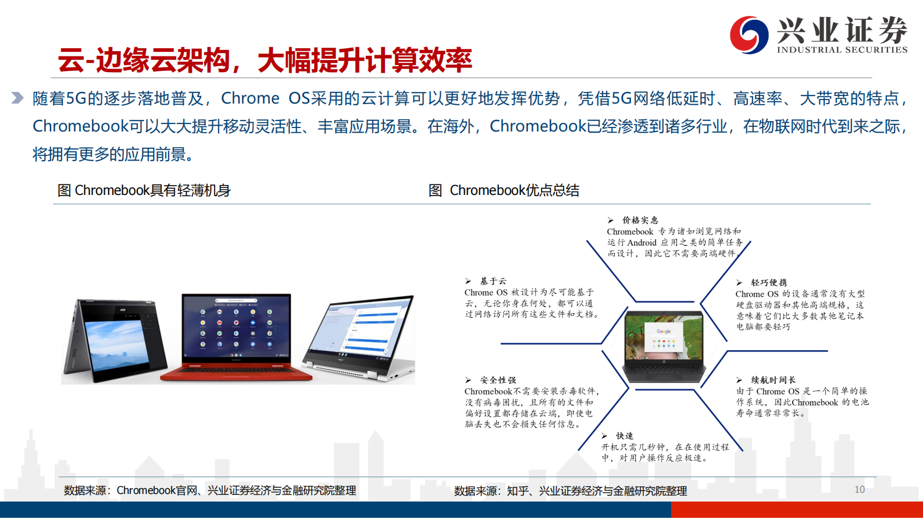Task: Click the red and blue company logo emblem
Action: coord(749,35)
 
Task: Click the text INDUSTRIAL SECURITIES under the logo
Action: coord(842,50)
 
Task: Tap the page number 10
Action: coord(859,489)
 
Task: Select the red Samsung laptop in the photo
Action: coord(236,337)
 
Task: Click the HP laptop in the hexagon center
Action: coord(664,347)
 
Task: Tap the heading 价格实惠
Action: coord(640,220)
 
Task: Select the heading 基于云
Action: coord(493,281)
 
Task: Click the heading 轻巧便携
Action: coord(768,282)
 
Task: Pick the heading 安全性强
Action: coord(498,380)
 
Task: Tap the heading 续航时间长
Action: coord(773,380)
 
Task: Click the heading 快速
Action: coord(625,436)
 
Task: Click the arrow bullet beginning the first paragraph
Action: coord(17,98)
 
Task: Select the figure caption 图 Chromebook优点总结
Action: coord(504,190)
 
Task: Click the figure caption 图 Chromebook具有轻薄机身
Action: coord(144,190)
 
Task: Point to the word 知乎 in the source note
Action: coord(518,491)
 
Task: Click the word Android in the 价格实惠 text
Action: coord(642,243)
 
